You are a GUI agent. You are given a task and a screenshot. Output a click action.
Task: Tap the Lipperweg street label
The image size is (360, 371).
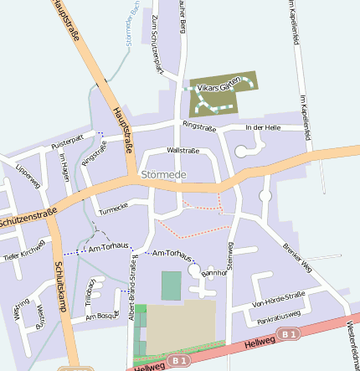28,174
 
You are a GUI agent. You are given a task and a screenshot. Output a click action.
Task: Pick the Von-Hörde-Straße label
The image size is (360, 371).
278,299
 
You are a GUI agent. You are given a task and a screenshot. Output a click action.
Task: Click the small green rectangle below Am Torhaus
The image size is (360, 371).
171,286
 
